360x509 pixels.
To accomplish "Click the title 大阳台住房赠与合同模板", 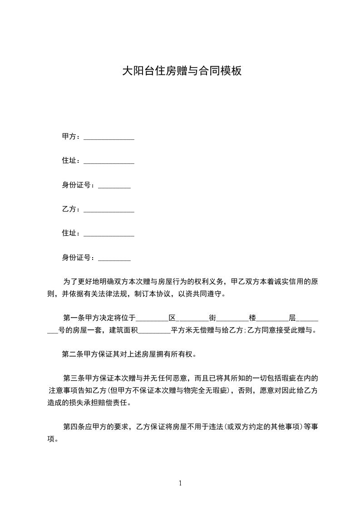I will point(182,71).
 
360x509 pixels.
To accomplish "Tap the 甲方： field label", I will point(72,137).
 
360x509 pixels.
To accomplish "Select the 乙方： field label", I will point(72,209).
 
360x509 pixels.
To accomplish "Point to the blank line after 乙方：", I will point(109,211).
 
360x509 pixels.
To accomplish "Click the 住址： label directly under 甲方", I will point(72,161).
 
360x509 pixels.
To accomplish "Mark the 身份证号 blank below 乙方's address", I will point(114,259).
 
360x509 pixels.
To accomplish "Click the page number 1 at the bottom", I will point(180,483).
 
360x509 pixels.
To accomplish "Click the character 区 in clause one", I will point(172,318).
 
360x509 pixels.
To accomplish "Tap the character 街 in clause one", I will point(212,318).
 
